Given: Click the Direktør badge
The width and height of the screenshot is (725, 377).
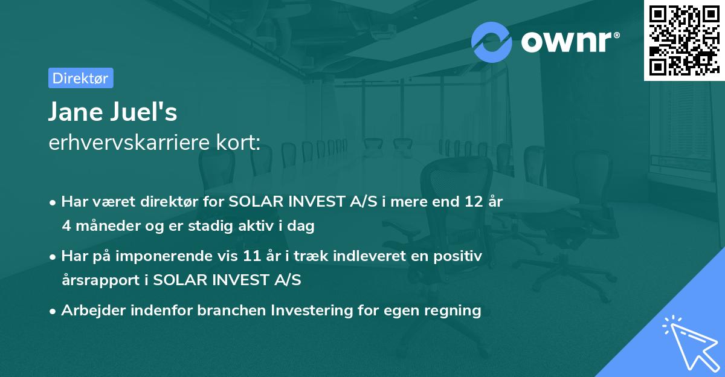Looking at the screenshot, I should [x=80, y=78].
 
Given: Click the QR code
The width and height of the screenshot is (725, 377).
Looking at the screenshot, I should [x=684, y=40].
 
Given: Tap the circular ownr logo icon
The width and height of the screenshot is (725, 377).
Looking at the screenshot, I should [x=492, y=42].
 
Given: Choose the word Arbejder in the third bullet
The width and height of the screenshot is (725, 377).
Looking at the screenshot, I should [x=92, y=311].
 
